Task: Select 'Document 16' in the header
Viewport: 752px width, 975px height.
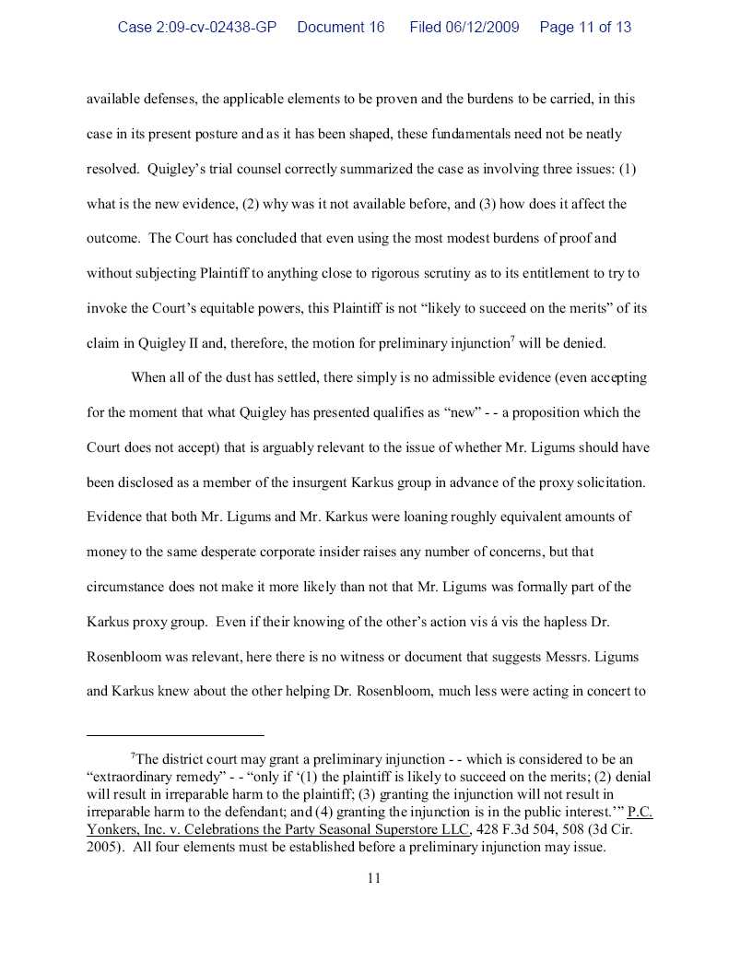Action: (x=341, y=27)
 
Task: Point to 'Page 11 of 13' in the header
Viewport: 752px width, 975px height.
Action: (x=585, y=27)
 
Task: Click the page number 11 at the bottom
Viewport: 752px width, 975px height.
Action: (x=374, y=878)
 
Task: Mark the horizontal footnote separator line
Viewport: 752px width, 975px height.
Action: (x=175, y=735)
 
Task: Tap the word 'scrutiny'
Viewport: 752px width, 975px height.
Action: (x=452, y=273)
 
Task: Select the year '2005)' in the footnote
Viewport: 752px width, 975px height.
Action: (x=106, y=847)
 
